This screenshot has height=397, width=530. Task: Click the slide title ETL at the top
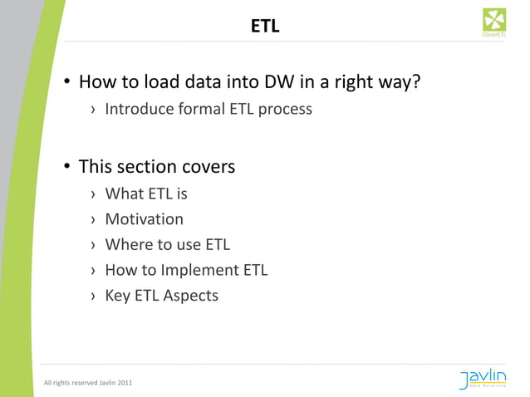(265, 27)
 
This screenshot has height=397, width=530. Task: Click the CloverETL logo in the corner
(494, 22)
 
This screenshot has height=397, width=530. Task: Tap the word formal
(203, 109)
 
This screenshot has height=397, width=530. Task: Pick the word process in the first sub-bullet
(285, 110)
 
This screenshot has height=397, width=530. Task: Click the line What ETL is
(146, 194)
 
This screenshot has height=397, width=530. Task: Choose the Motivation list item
(144, 219)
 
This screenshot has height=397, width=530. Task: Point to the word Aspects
(190, 295)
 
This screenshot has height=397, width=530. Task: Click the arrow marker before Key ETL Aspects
(94, 295)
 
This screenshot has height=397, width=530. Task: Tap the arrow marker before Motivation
(94, 220)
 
